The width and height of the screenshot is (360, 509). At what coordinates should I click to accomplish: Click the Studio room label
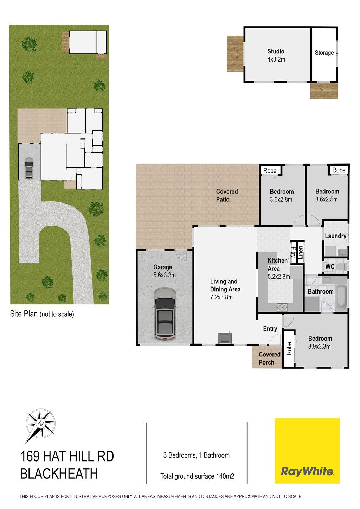276,51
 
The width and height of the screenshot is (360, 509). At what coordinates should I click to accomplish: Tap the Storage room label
324,53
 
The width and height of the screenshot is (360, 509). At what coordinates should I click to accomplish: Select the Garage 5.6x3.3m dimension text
164,275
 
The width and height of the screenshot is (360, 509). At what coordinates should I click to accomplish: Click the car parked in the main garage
165,314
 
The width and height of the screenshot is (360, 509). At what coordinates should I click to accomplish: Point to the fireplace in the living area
225,337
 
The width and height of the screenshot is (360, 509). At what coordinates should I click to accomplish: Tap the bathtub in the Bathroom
341,298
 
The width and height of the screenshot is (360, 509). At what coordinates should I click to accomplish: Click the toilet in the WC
342,266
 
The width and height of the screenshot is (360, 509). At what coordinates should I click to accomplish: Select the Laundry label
335,236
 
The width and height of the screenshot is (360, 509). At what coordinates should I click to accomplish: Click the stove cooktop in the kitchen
282,307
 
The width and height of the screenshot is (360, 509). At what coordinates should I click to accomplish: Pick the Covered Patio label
227,195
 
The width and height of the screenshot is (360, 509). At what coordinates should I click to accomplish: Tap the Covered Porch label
269,358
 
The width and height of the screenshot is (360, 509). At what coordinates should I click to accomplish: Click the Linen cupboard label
300,252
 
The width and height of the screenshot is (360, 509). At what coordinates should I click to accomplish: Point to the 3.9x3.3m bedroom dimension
319,347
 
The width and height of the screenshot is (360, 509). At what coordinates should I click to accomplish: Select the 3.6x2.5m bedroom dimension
326,199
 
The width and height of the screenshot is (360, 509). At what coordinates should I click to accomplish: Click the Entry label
270,329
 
